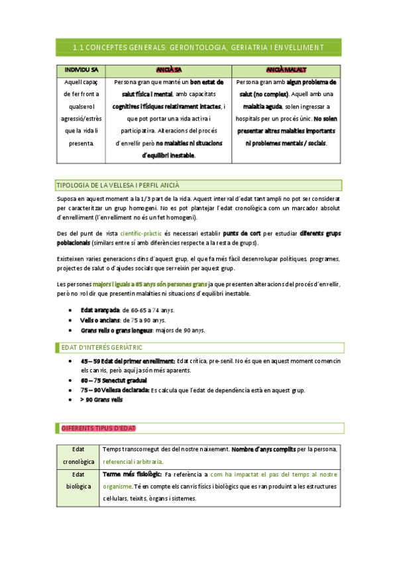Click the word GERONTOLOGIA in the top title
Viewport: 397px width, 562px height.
point(201,47)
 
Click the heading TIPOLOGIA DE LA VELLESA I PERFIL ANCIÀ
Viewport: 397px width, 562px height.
point(119,185)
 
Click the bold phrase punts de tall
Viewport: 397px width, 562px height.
point(241,233)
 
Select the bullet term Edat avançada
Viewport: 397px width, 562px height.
point(99,310)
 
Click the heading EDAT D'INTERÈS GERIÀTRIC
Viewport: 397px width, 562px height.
point(101,347)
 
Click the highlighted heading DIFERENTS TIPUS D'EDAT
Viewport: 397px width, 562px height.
point(99,428)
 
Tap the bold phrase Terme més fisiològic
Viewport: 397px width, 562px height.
point(132,475)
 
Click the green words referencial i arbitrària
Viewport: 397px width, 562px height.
point(133,461)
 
